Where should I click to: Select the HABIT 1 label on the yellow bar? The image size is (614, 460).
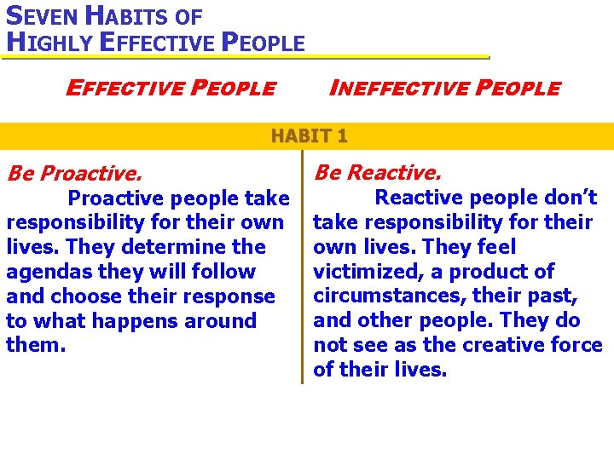point(309,135)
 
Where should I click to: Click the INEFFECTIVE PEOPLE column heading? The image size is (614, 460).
point(444,88)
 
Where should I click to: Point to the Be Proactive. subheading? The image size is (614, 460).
point(73,174)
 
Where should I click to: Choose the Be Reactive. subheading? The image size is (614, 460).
point(377,173)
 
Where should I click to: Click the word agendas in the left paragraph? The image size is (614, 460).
point(44,273)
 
